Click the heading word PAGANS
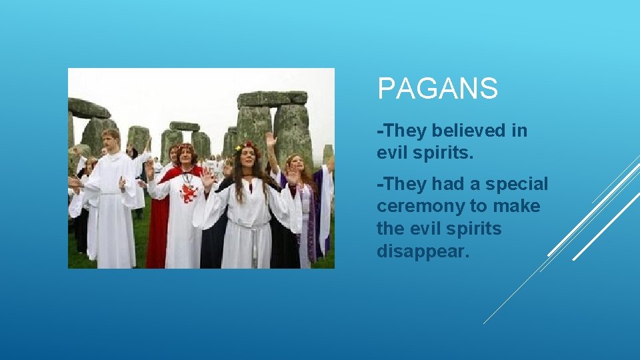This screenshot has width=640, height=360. point(437,89)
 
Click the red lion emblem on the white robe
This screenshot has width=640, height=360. point(188,194)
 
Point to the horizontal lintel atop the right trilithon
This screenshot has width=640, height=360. point(272,99)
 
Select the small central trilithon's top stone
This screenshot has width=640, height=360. point(185,126)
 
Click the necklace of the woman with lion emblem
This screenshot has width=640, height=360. point(187,176)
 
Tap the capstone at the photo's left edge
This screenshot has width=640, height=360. point(88,108)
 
